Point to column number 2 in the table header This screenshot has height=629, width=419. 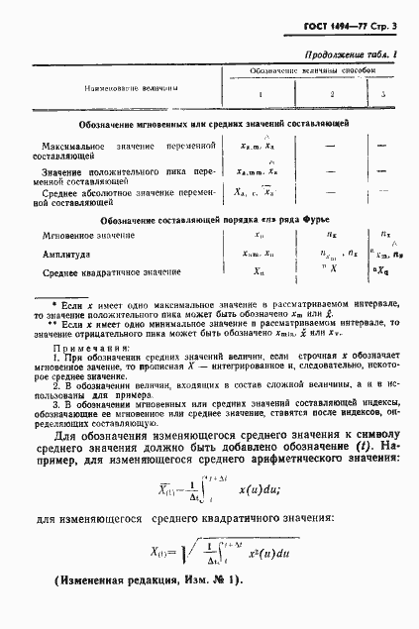click(332, 96)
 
